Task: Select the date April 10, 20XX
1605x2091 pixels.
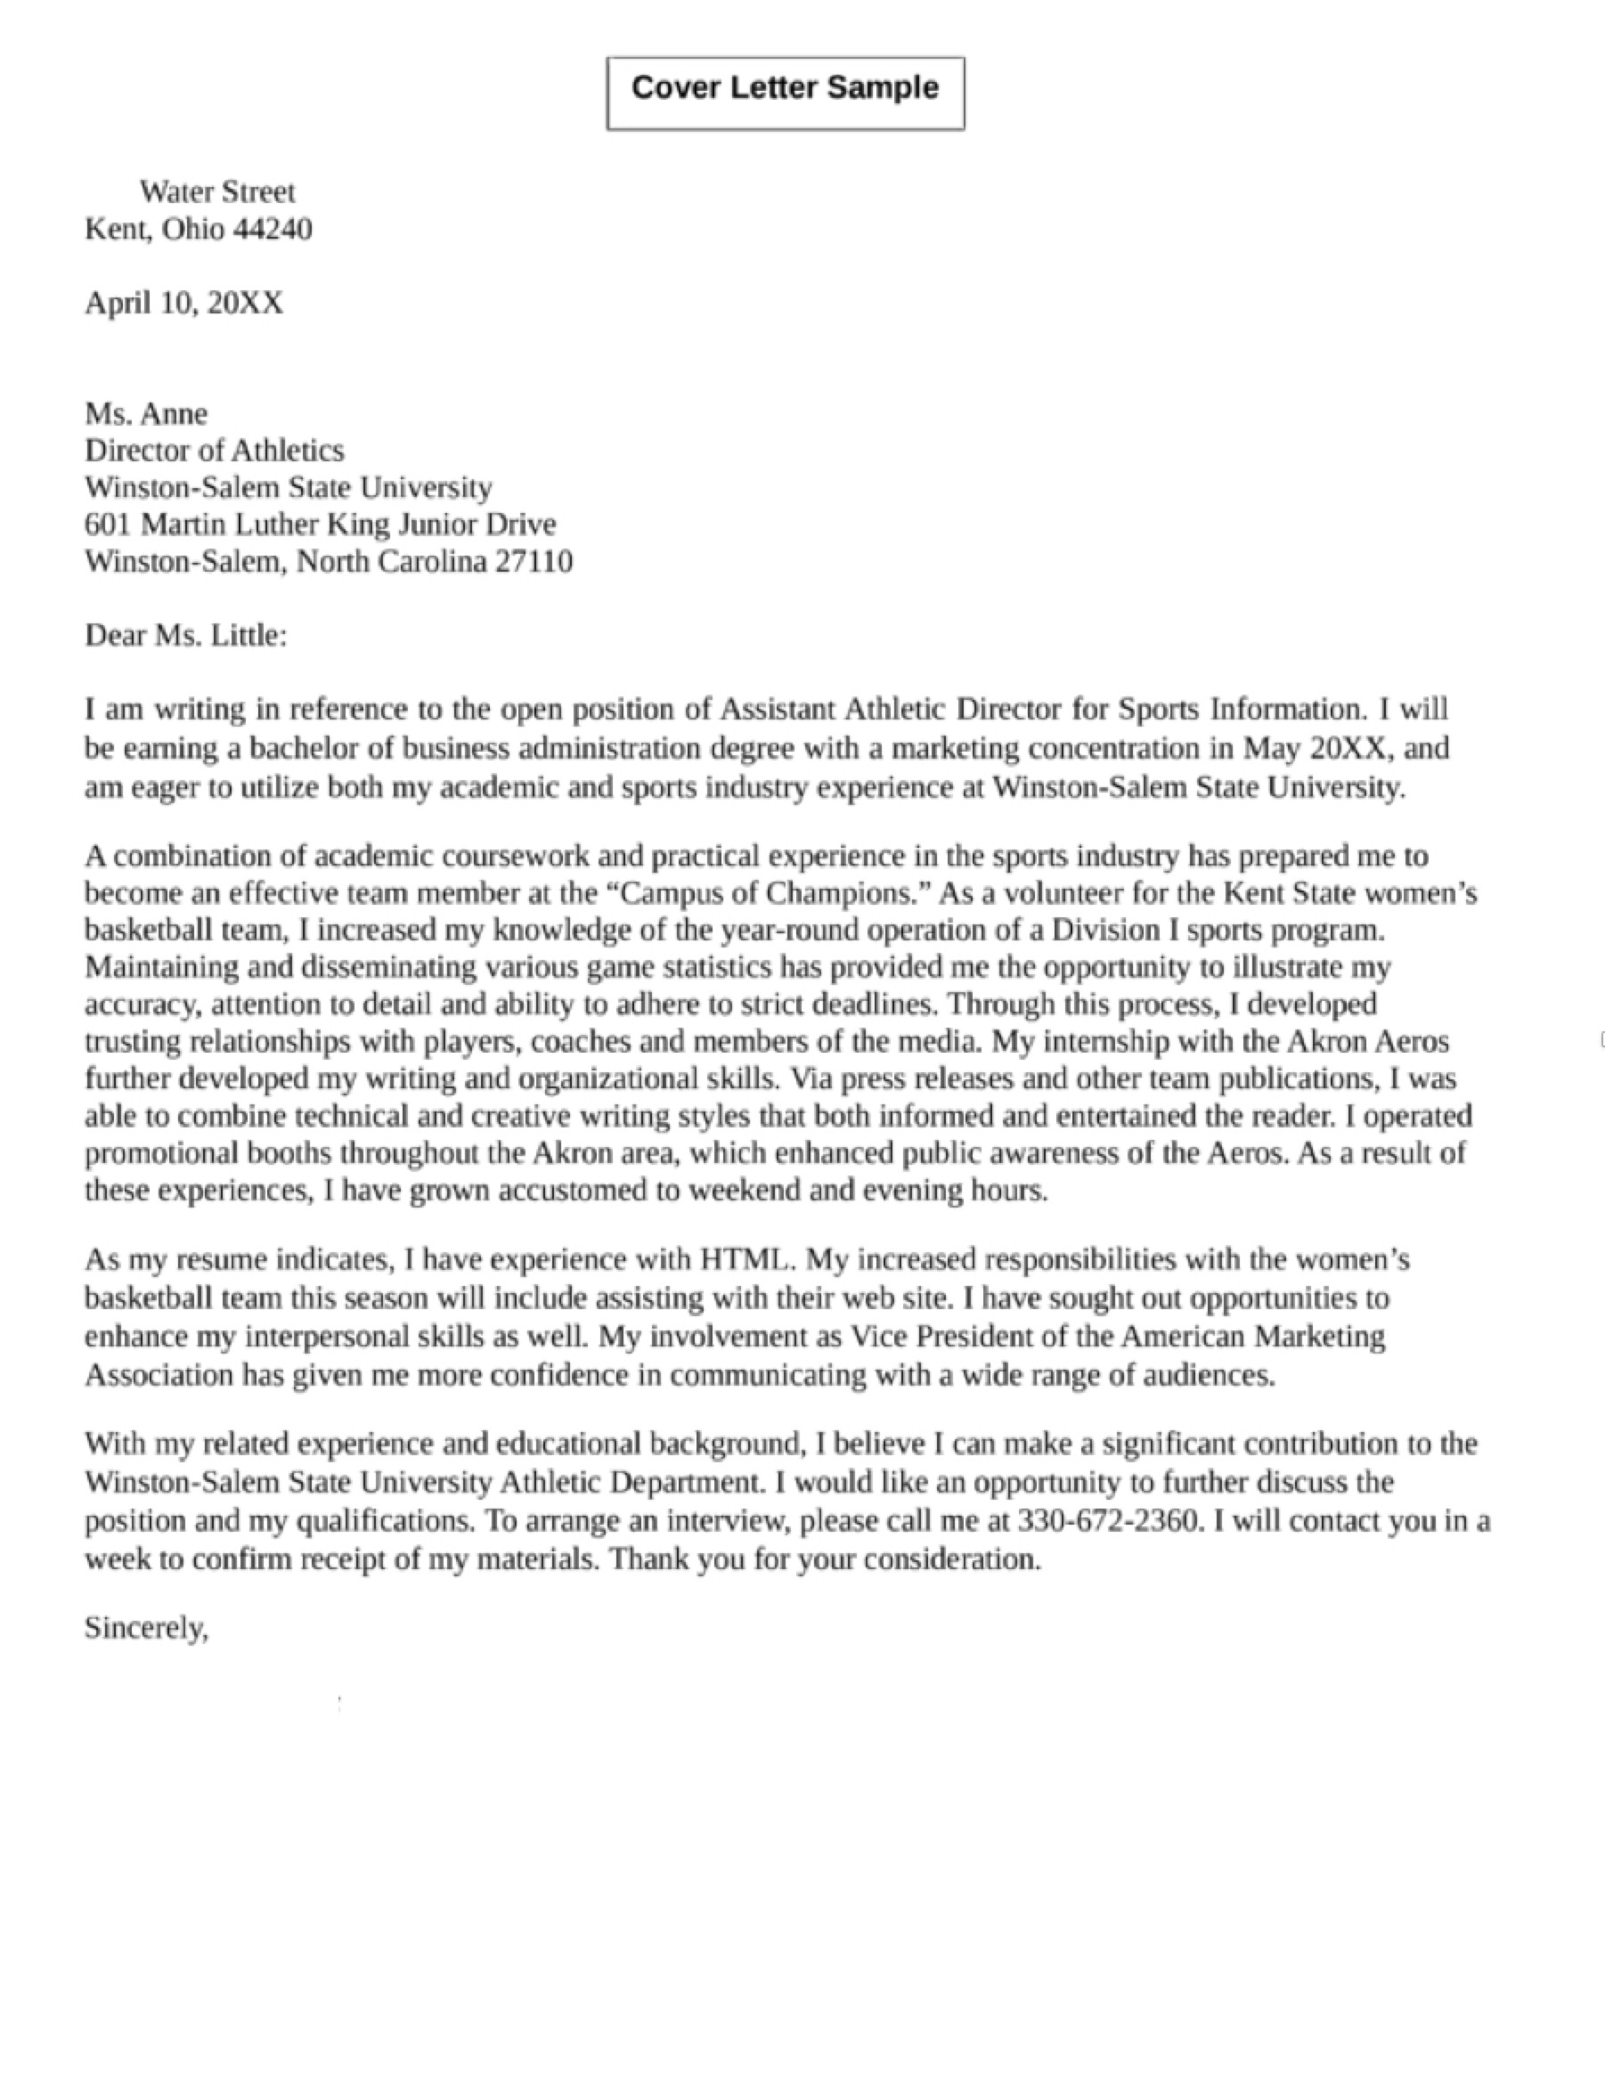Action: click(184, 303)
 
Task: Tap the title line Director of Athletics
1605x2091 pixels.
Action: click(214, 450)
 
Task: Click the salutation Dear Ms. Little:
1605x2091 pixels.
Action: click(185, 635)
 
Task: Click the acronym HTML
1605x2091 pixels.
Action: click(745, 1260)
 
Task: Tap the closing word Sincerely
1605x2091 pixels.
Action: click(145, 1628)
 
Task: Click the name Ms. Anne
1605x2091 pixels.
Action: click(146, 413)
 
